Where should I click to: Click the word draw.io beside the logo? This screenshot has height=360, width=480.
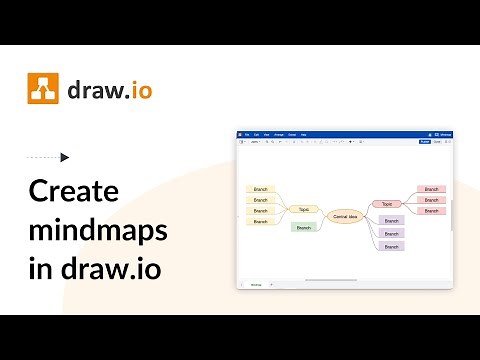click(x=109, y=90)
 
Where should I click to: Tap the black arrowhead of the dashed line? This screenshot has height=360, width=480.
click(x=65, y=157)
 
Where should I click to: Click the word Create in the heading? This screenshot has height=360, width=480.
click(x=73, y=193)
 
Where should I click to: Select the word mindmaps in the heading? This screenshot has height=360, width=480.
click(x=97, y=232)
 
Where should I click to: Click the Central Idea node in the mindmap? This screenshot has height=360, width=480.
click(x=346, y=216)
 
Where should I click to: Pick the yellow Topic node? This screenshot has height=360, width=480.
click(x=303, y=209)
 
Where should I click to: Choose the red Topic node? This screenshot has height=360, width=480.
click(x=387, y=203)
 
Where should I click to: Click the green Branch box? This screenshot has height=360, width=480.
click(x=304, y=227)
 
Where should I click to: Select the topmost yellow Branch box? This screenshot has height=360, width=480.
click(x=260, y=189)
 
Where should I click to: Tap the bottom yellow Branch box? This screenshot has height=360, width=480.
click(x=260, y=221)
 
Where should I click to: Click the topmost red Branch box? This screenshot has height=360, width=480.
click(x=431, y=189)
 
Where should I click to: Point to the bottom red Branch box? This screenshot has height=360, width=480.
click(x=431, y=211)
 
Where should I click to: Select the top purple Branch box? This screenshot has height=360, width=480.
click(x=391, y=221)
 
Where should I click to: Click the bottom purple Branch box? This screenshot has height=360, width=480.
click(x=391, y=245)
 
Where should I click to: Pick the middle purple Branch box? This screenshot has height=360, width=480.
click(x=391, y=233)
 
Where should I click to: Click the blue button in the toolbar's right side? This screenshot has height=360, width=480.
click(x=424, y=142)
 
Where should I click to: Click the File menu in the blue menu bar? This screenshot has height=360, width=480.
click(x=246, y=134)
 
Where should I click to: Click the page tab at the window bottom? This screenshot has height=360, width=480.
click(x=255, y=285)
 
